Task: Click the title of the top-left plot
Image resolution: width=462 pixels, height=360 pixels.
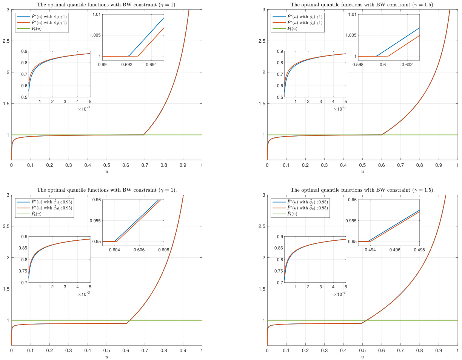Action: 107,5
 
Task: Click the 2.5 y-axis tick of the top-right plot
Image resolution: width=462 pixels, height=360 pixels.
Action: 261,41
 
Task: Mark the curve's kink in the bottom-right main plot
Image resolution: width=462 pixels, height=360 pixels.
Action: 362,323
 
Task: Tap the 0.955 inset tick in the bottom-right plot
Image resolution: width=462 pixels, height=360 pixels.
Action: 351,221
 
